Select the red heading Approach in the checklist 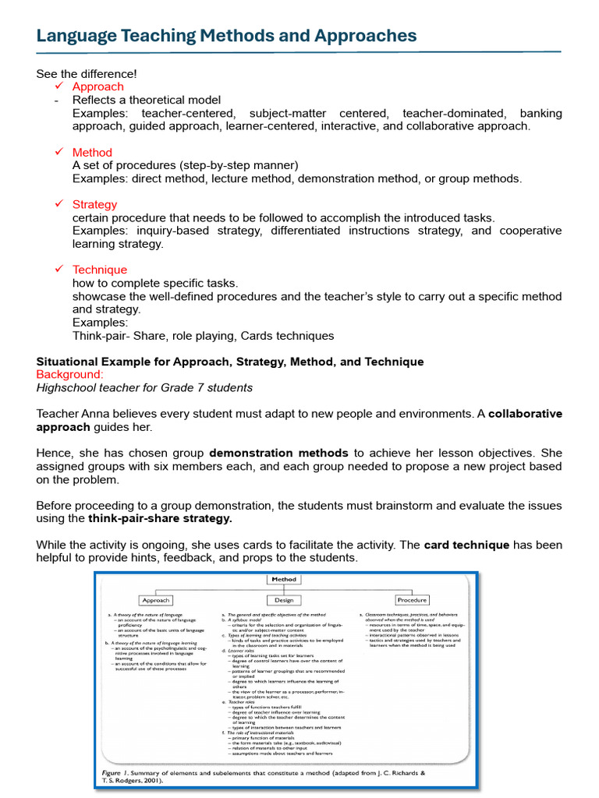tap(97, 87)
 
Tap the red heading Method tap(92, 152)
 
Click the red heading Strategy tap(94, 204)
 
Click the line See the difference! tap(86, 73)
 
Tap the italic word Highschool tap(68, 387)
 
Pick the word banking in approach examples tap(541, 113)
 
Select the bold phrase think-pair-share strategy tap(160, 518)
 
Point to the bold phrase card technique tap(466, 545)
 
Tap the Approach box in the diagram tap(155, 600)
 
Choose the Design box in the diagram tap(283, 600)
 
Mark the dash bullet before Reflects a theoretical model tap(56, 101)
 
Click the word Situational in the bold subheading tap(68, 362)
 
